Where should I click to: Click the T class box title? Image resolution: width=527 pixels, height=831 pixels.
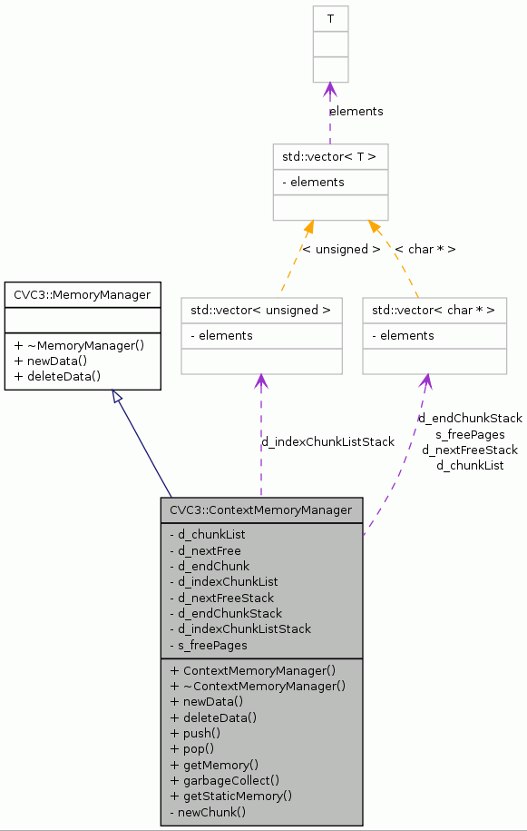(x=330, y=18)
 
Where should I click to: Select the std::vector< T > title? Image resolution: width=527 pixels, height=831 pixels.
(x=329, y=156)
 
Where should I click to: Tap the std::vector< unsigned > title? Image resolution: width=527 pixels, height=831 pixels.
(x=260, y=310)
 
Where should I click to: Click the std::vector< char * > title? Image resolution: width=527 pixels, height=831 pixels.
(x=434, y=310)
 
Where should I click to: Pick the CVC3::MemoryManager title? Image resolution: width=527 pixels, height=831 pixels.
(x=83, y=294)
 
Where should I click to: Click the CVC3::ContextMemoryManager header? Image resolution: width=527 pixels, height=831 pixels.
(x=261, y=510)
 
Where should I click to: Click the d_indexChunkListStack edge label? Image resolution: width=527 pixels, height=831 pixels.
(x=328, y=442)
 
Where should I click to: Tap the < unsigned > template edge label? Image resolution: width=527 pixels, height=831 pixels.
(x=341, y=249)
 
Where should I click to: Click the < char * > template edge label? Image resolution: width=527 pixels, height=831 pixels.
(x=425, y=249)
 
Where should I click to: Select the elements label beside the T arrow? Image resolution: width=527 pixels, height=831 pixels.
(x=356, y=112)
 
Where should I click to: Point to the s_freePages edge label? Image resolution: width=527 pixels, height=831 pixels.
(x=470, y=434)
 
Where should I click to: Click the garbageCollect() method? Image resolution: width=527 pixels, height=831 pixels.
(x=224, y=780)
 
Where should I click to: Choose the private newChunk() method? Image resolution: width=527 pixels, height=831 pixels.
(x=208, y=811)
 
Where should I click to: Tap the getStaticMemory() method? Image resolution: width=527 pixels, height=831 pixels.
(x=230, y=796)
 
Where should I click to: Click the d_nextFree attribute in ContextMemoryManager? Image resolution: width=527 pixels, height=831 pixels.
(x=205, y=550)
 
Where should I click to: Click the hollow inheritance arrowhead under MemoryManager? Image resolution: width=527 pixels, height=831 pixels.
(x=116, y=397)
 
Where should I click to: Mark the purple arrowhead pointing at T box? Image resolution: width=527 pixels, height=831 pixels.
(x=330, y=89)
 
